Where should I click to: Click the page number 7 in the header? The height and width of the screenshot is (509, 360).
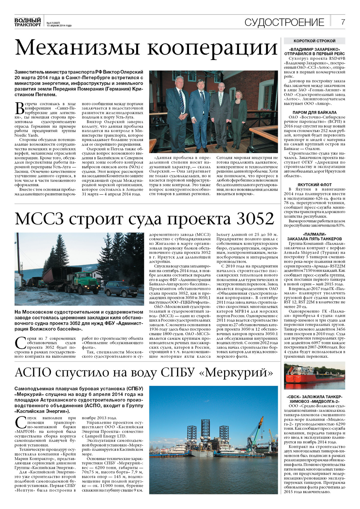click(x=343, y=22)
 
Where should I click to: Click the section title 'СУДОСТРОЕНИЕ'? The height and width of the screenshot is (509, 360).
click(x=284, y=22)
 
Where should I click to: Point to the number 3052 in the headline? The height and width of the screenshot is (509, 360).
click(x=255, y=219)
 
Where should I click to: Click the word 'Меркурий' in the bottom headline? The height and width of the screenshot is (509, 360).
click(x=236, y=372)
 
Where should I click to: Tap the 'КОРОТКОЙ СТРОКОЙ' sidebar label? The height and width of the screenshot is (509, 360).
click(x=314, y=41)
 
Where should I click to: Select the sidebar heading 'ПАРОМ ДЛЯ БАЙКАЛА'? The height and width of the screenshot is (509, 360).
click(x=314, y=113)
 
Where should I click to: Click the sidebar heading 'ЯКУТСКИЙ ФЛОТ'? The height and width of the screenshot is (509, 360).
click(x=314, y=185)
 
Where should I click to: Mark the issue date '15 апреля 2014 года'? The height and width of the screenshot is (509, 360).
click(x=59, y=26)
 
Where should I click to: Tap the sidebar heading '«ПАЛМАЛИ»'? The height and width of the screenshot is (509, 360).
click(x=314, y=234)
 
